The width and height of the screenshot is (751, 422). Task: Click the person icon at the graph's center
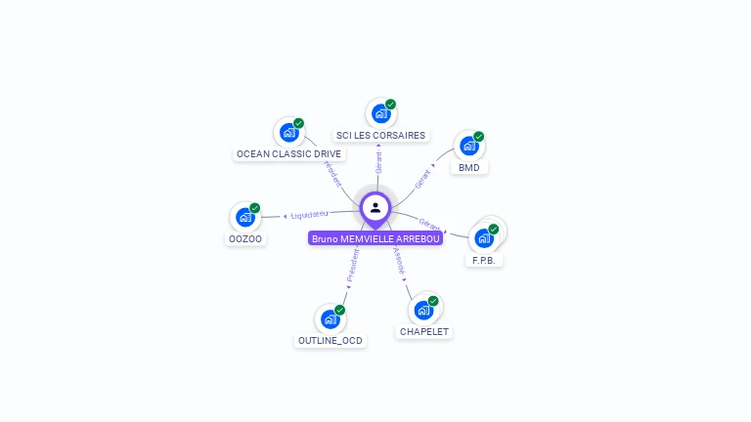375,207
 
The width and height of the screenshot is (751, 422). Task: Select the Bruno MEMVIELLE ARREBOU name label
375,238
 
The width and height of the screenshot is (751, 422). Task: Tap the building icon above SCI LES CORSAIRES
380,113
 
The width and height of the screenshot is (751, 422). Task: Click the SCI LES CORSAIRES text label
380,135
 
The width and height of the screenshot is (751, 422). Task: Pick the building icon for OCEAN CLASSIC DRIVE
288,132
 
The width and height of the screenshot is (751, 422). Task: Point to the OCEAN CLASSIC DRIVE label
288,153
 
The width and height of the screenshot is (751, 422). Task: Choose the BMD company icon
469,146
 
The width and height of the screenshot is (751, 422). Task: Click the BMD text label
469,167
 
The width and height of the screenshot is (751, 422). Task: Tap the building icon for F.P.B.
484,237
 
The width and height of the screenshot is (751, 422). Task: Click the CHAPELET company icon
423,310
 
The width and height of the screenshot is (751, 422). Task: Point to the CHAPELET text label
424,332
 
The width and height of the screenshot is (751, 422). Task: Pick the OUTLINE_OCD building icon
330,318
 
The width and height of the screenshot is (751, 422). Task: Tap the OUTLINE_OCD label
330,341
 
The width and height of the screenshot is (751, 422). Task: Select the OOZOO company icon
244,217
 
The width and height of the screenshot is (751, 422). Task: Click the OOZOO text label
245,238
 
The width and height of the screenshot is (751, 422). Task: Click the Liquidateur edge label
309,214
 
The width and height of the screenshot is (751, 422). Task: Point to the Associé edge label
399,262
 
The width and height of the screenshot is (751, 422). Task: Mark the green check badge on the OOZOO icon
254,208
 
